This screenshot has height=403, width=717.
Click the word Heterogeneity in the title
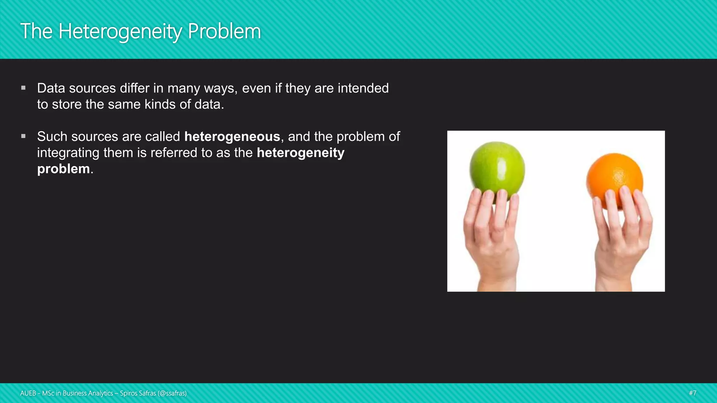pyautogui.click(x=120, y=31)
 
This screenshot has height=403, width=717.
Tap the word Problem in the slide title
pyautogui.click(x=224, y=31)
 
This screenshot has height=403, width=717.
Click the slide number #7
pyautogui.click(x=692, y=393)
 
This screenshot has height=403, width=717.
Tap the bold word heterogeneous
pyautogui.click(x=232, y=136)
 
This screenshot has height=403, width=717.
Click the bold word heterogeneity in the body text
pyautogui.click(x=300, y=153)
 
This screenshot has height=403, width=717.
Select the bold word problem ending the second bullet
pyautogui.click(x=63, y=169)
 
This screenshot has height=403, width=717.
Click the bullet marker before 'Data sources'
pyautogui.click(x=23, y=88)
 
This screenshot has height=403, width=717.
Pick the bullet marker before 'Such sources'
pyautogui.click(x=23, y=136)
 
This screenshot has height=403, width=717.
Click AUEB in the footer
pyautogui.click(x=28, y=393)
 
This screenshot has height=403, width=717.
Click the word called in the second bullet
pyautogui.click(x=162, y=136)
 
